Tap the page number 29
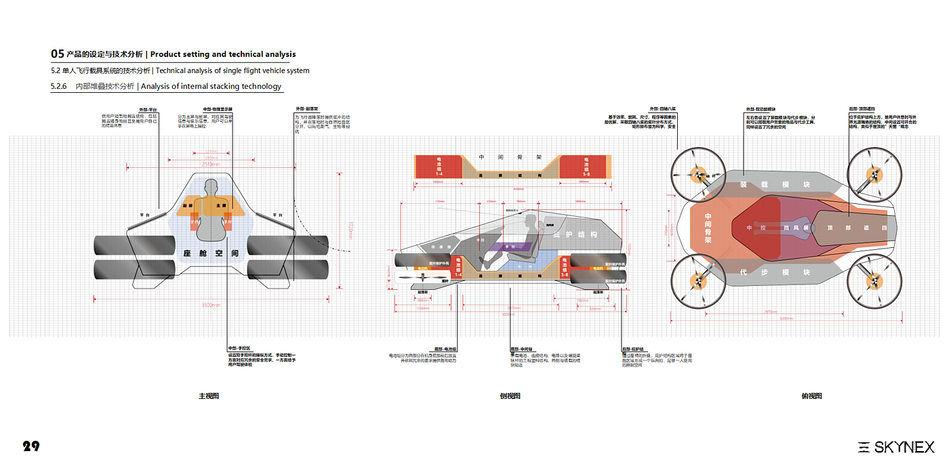tap(31, 446)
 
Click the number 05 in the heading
tap(58, 54)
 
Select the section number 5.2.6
tap(58, 87)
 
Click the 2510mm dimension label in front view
tap(211, 164)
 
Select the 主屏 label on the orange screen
tap(221, 205)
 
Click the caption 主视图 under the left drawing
tap(209, 396)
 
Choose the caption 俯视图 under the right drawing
tap(811, 396)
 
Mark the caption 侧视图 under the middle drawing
tap(510, 396)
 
